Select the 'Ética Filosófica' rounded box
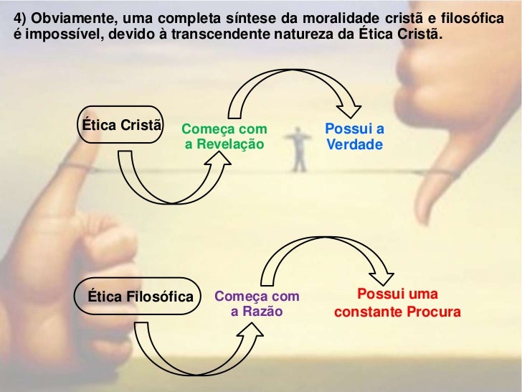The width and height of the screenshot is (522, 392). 141,297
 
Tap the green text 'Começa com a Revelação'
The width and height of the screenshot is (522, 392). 224,137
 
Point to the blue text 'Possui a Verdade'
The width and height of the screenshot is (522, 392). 354,137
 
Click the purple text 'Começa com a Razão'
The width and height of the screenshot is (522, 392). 257,304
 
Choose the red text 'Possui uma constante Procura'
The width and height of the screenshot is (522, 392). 397,304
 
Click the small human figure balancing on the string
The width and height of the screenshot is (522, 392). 297,150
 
